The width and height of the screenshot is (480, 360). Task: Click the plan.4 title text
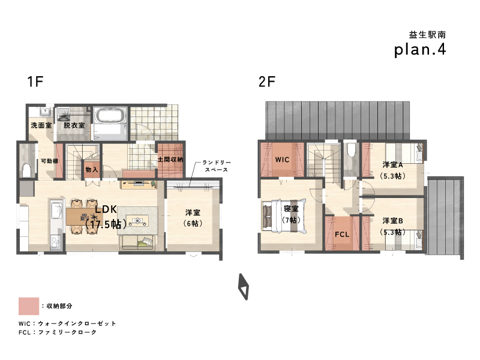point(420,50)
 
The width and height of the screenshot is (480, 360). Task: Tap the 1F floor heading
point(35,82)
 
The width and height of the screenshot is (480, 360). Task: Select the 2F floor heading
point(267,82)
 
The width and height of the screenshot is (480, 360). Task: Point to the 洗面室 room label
point(41,125)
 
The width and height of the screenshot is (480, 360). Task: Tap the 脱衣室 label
point(74,125)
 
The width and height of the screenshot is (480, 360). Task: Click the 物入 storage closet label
point(92,169)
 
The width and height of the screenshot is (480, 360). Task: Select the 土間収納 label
point(170,160)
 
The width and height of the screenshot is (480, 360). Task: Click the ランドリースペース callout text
point(217,166)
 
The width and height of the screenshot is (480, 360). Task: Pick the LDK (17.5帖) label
point(106,217)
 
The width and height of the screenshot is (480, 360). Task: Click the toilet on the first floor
point(26,170)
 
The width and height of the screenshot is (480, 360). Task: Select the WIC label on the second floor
point(282,160)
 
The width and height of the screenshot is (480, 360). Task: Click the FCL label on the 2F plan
point(342,235)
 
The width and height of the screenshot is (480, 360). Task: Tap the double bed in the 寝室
point(284,216)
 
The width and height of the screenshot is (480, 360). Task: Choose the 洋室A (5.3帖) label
point(393,170)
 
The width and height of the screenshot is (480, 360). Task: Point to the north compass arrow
point(244,287)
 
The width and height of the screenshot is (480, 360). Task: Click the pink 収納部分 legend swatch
point(29,306)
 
